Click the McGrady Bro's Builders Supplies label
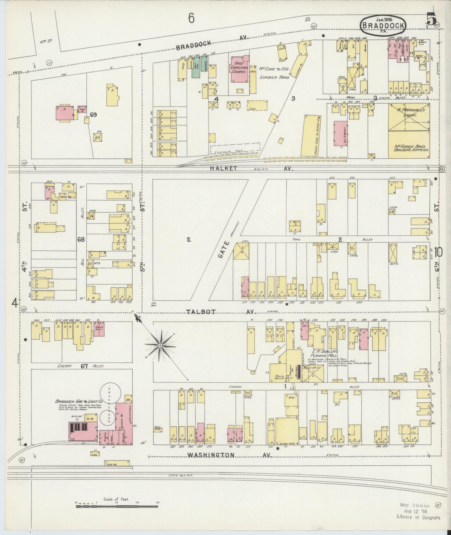(409, 148)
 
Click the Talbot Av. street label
(222, 312)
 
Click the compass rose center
(160, 346)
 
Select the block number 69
(93, 115)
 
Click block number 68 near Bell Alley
(81, 239)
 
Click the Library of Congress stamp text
(418, 517)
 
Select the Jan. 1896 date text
(383, 19)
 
